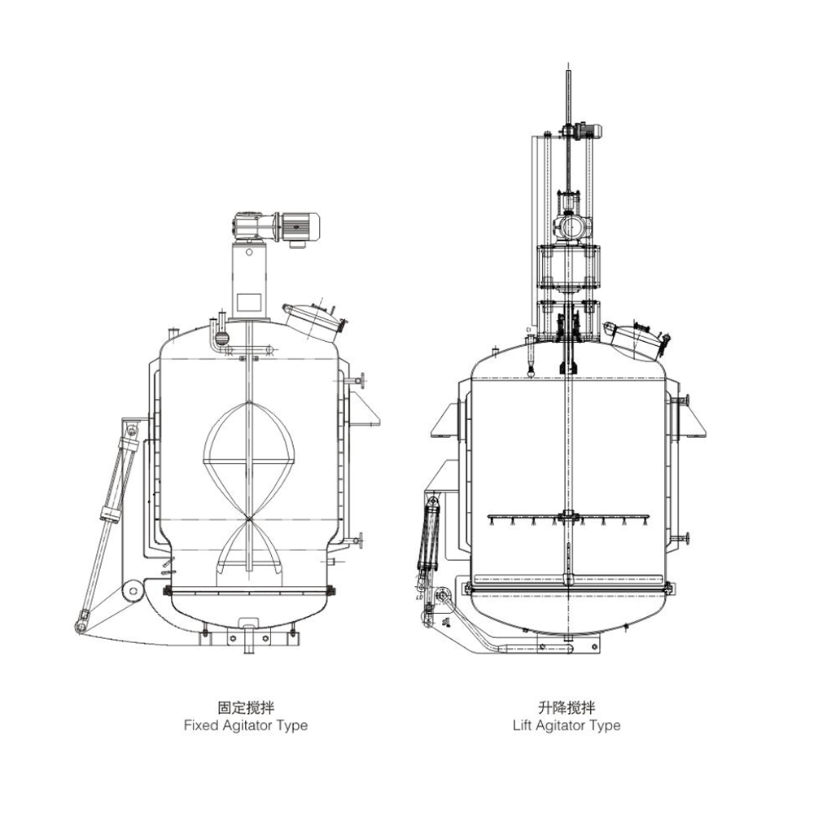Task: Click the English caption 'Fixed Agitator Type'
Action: [x=246, y=726]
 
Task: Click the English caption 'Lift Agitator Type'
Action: [x=567, y=726]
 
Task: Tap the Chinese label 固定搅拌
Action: [x=246, y=707]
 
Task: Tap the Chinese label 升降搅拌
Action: [x=567, y=707]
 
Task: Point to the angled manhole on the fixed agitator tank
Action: [x=313, y=322]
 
